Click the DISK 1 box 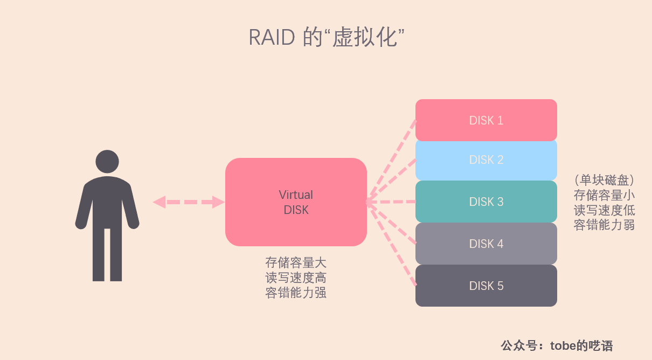coord(486,120)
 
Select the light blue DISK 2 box coord(486,160)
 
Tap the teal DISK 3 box coord(486,202)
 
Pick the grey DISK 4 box coord(486,244)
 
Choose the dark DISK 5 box coord(486,286)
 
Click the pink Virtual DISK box coord(296,202)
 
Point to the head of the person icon coord(107,161)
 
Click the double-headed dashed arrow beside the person coord(189,202)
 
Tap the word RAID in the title coord(272,38)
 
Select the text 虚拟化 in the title coord(364,38)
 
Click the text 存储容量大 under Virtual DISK coord(296,263)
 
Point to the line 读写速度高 coord(296,278)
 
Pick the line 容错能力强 coord(296,293)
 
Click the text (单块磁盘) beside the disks coord(604,179)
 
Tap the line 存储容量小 coord(604,195)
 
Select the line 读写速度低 coord(604,210)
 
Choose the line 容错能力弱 coord(604,225)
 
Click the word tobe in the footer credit coord(563,345)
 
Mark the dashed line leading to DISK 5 coord(392,245)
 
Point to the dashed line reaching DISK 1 coord(392,160)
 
